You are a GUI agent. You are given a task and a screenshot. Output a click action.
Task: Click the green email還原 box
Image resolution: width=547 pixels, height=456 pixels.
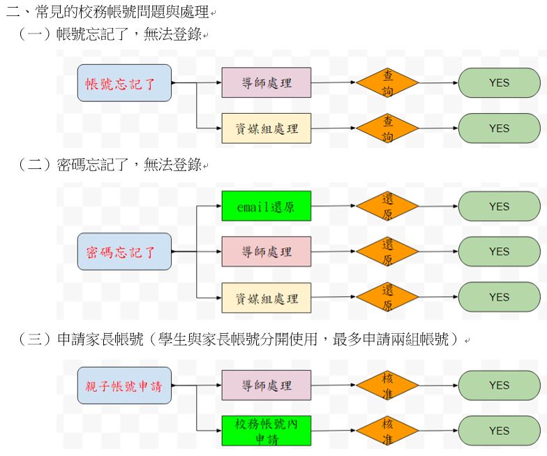point(267,207)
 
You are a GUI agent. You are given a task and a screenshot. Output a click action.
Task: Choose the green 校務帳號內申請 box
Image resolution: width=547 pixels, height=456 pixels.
point(267,431)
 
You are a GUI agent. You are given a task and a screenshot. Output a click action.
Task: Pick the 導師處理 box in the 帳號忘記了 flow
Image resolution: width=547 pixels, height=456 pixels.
point(267,83)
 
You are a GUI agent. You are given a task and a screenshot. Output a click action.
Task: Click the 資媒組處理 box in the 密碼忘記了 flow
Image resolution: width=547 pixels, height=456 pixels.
point(267,298)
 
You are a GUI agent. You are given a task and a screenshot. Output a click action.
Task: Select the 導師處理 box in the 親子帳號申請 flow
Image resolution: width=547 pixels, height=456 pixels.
point(267,385)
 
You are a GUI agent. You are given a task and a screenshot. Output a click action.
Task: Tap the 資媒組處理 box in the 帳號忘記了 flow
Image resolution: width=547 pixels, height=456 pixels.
point(267,128)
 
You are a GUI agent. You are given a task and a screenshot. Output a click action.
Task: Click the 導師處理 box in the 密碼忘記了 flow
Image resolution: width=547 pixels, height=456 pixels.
point(267,251)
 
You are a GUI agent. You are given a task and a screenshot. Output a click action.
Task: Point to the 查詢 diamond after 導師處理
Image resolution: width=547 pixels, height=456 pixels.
point(388,82)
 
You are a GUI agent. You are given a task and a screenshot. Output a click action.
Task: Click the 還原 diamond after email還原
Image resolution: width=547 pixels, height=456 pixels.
point(388,207)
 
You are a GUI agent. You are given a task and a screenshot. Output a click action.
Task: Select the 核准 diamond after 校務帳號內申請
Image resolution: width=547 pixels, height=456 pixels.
point(388,431)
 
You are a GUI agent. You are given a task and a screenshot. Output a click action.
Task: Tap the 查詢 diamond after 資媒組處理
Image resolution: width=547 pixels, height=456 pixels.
point(388,128)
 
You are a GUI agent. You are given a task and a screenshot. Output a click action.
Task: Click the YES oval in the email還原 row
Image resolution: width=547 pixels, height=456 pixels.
point(499,207)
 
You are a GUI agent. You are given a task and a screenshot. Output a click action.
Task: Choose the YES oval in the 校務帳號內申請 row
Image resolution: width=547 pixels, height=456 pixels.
point(499,431)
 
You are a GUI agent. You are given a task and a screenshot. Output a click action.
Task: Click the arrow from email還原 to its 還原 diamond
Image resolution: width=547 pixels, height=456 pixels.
point(334,207)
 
